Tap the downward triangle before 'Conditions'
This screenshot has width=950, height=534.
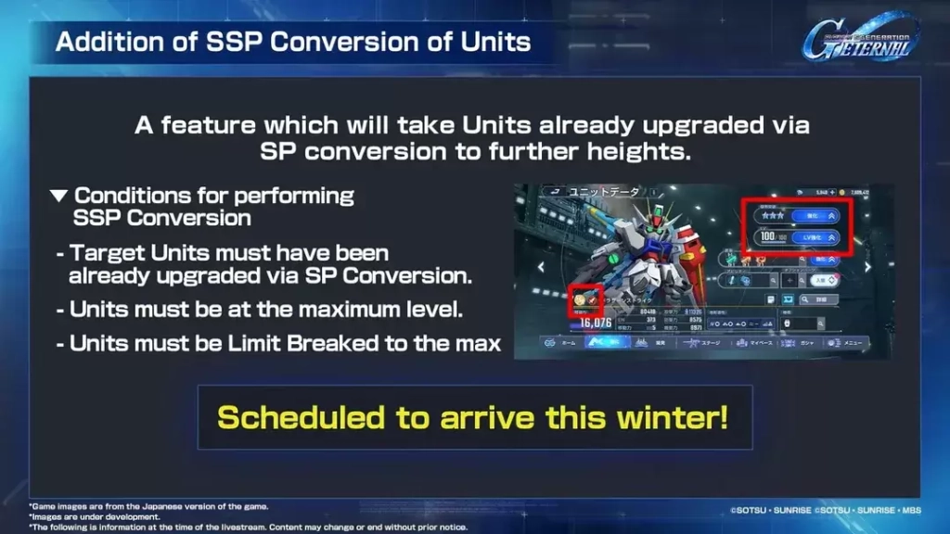point(58,197)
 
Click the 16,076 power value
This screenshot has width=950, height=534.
point(591,323)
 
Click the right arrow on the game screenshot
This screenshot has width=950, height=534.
point(868,267)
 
